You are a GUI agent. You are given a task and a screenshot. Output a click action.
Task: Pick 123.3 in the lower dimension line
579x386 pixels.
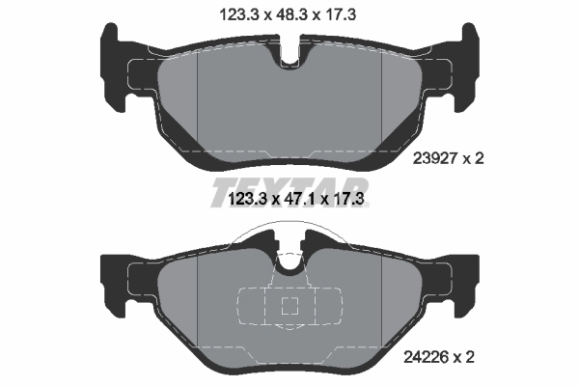[241, 200]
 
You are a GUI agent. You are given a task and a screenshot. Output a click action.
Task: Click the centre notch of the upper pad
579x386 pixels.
[289, 58]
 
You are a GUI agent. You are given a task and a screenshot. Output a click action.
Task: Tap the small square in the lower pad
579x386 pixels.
[289, 307]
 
